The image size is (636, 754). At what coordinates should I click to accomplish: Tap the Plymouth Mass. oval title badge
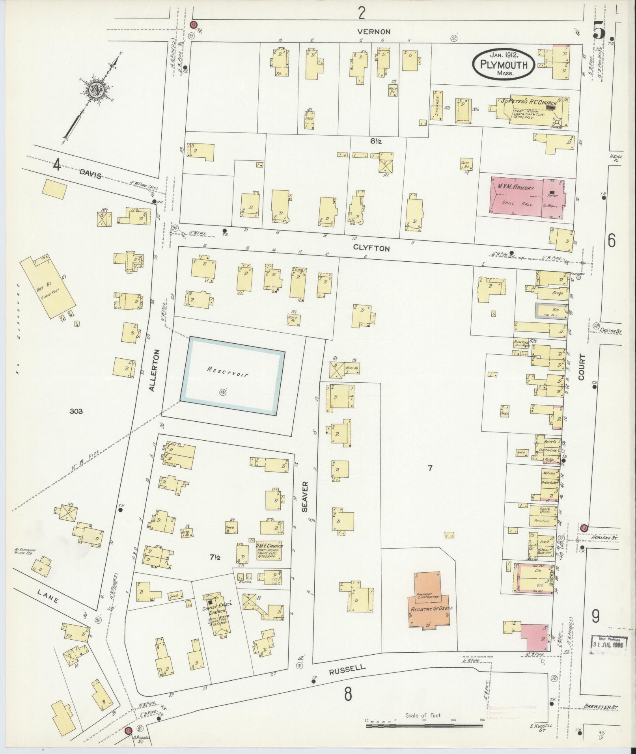(504, 63)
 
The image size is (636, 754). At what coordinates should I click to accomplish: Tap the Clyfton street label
(371, 248)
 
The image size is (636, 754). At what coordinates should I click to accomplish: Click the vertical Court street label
(582, 367)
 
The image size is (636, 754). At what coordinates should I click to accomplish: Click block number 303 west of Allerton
(76, 411)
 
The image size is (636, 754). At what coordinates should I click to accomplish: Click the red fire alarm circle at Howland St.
(584, 527)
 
